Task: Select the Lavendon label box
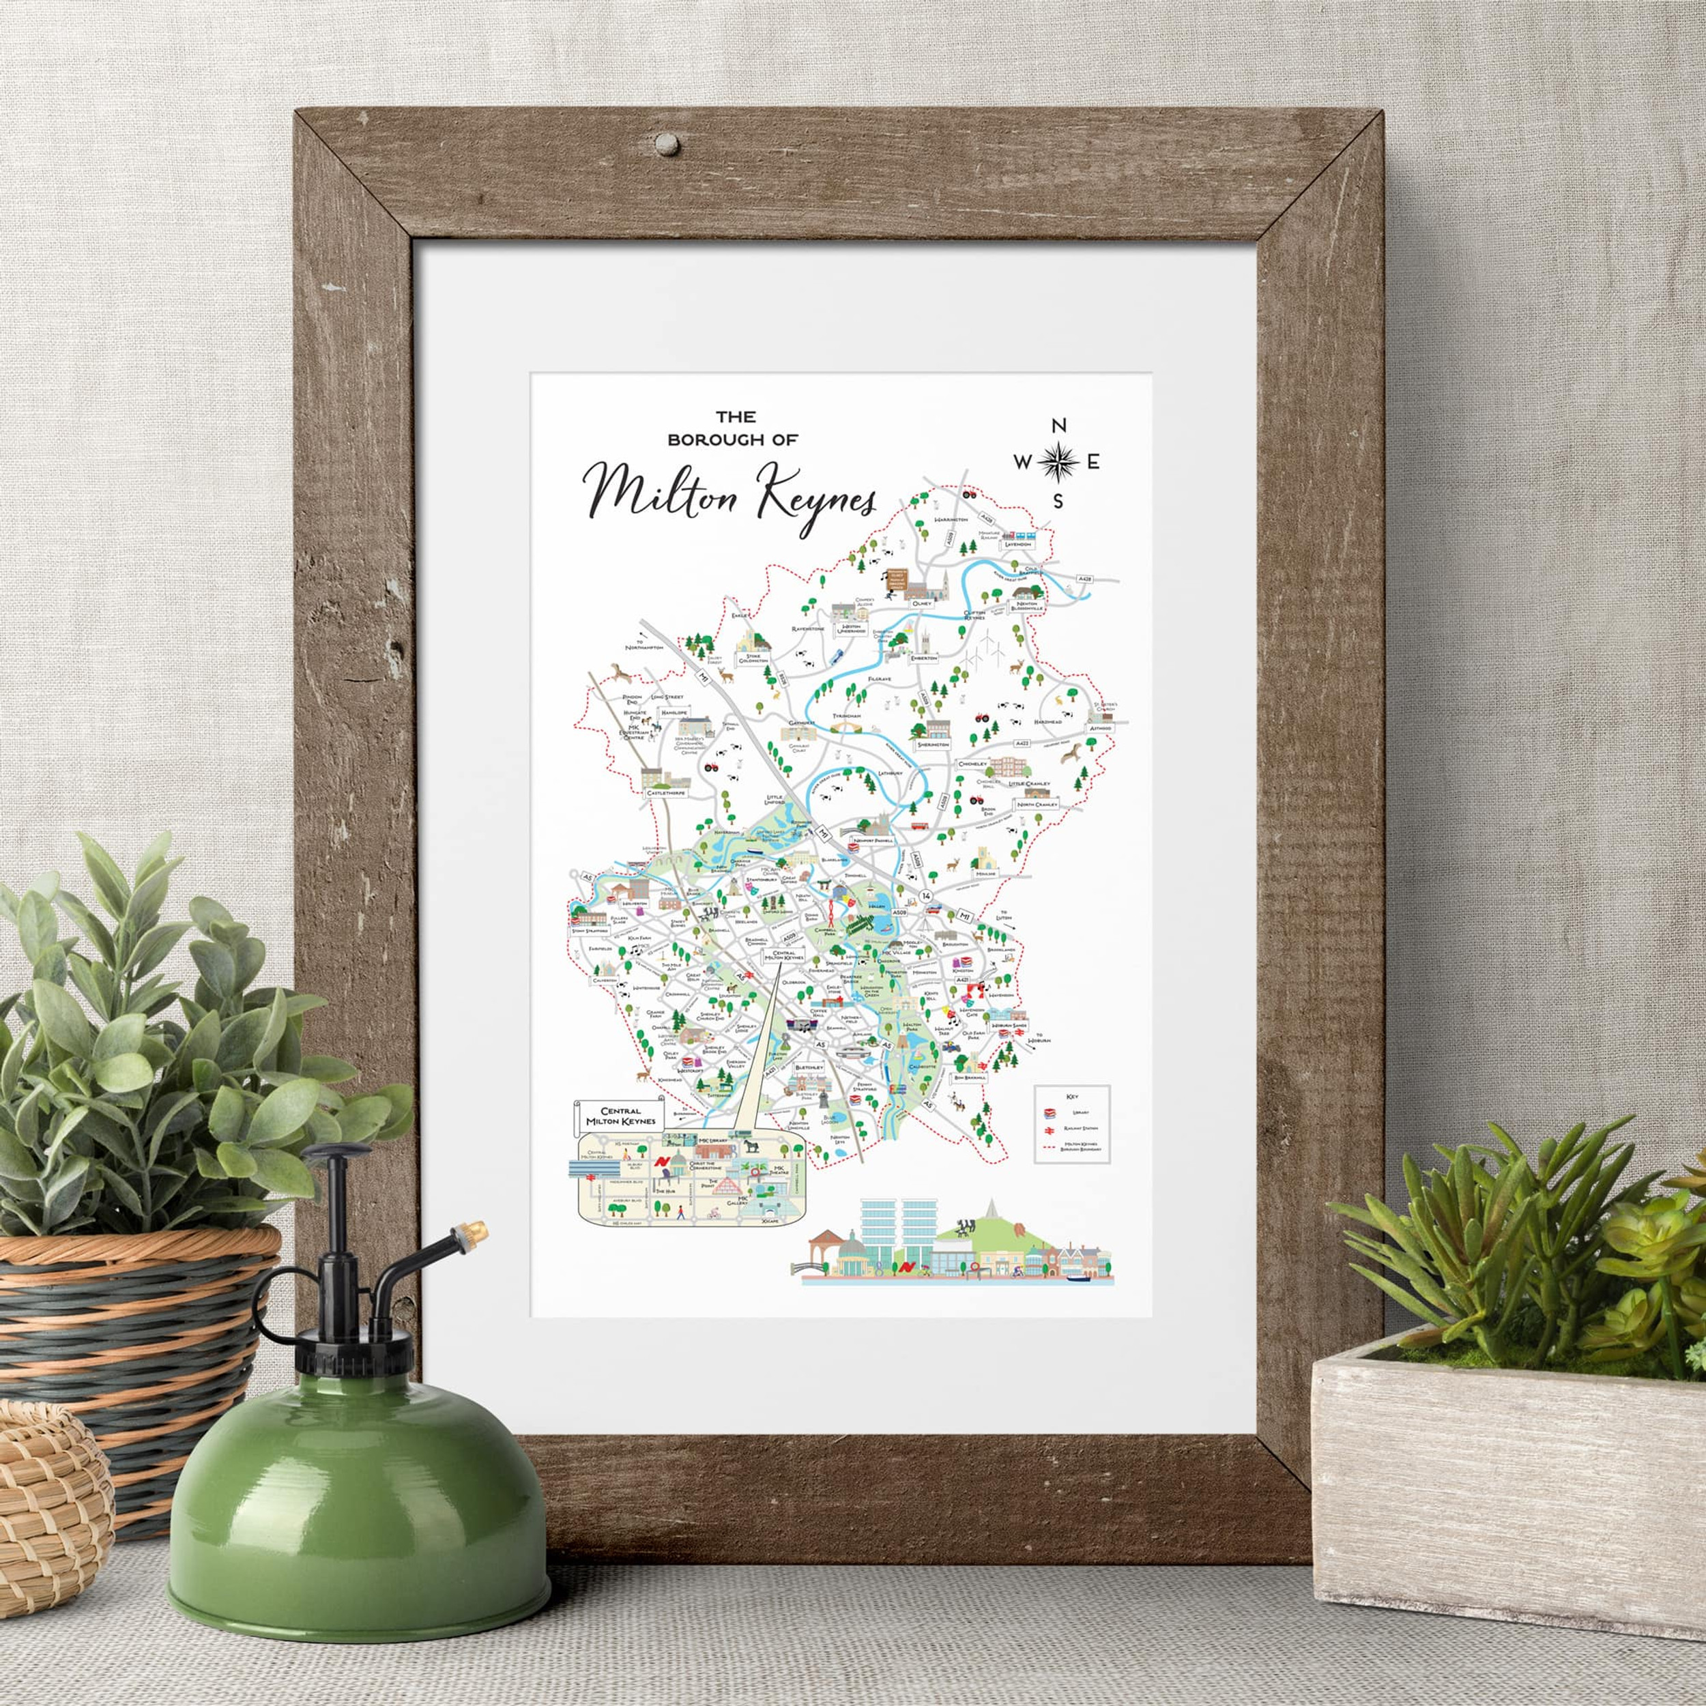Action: pyautogui.click(x=1016, y=544)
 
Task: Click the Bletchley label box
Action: pyautogui.click(x=809, y=1067)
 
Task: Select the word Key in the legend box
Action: pyautogui.click(x=1073, y=1096)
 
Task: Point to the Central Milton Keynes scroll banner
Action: pyautogui.click(x=619, y=1115)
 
